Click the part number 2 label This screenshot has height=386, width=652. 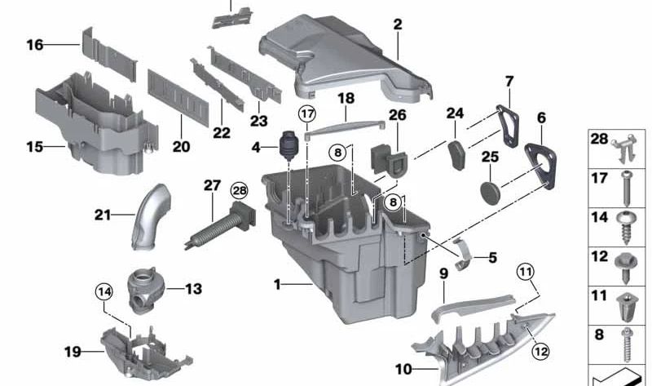[x=397, y=25]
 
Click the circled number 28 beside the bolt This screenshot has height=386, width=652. [x=238, y=190]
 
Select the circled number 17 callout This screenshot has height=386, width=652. [x=306, y=113]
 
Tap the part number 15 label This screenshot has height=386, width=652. [x=34, y=148]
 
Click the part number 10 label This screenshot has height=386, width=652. [x=403, y=370]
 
